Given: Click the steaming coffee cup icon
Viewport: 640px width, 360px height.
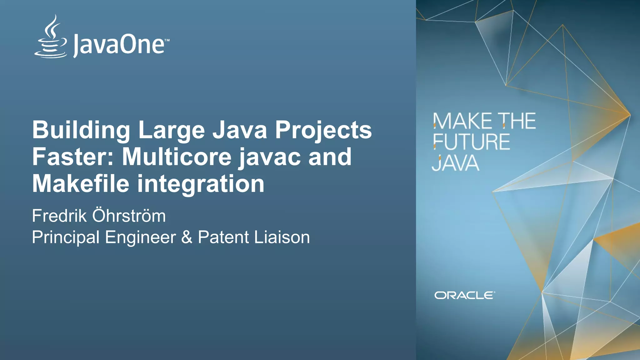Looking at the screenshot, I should tap(51, 37).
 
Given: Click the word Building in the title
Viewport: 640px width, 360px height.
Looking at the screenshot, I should tap(81, 130).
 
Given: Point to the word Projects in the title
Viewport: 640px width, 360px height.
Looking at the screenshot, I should tap(323, 130).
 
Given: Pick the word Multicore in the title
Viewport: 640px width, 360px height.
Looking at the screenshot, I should tap(177, 157).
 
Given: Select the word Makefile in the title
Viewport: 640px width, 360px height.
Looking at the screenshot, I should tap(81, 184).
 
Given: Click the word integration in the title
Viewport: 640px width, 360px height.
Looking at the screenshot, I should tap(201, 184).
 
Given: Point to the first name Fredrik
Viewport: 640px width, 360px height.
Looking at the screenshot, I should tap(59, 216).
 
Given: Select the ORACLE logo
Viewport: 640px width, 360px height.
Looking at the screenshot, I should tap(464, 295).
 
